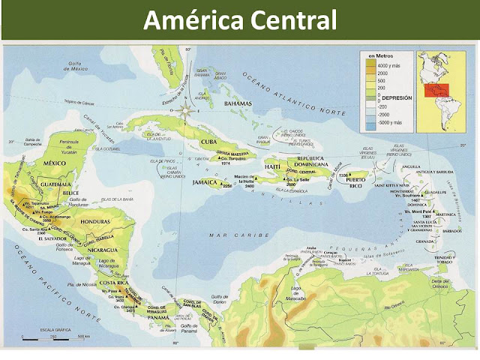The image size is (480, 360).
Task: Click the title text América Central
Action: (x=239, y=19)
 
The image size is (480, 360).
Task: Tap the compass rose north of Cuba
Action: (x=185, y=110)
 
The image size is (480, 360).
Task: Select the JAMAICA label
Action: (x=204, y=182)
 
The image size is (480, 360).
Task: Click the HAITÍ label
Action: (x=272, y=166)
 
